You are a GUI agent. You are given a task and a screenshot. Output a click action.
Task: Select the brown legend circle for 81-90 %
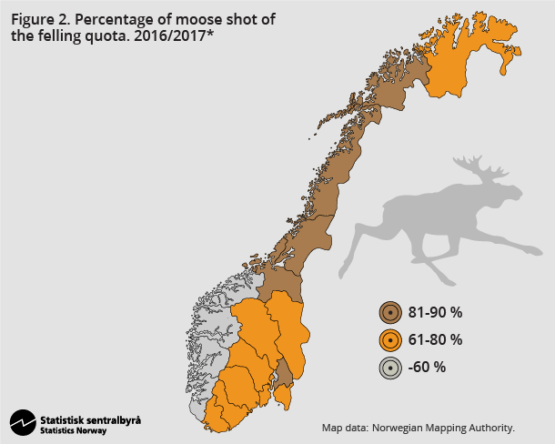[390, 313]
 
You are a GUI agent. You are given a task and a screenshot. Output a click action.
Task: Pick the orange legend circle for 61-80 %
[390, 340]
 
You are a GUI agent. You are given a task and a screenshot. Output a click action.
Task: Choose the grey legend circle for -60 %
[390, 368]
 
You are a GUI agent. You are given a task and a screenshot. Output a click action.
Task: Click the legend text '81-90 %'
[435, 313]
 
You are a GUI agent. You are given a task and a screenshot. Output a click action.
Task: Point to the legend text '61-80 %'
[435, 340]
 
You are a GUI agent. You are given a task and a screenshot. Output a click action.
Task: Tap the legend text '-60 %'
[427, 368]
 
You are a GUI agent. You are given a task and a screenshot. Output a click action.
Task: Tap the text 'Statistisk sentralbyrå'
[90, 419]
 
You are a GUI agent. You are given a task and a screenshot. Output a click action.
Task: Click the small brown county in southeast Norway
[284, 372]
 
